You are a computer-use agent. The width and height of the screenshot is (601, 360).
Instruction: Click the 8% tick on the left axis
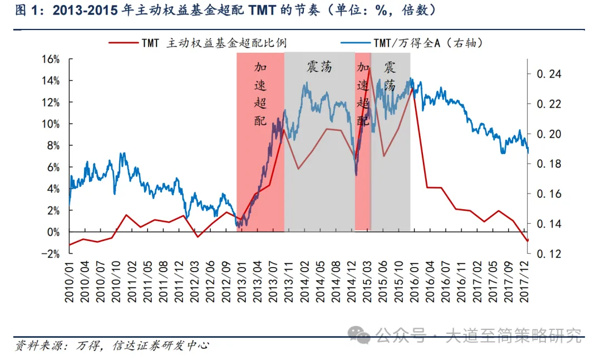pos(52,146)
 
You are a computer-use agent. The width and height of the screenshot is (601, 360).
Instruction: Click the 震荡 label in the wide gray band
pos(319,67)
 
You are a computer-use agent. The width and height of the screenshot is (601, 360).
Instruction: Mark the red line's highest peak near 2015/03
pos(370,68)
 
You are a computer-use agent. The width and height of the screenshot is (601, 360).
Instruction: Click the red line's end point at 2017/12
pos(528,241)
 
